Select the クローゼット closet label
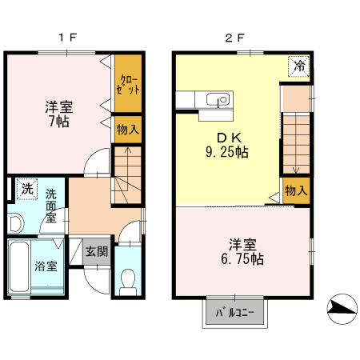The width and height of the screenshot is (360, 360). (x=129, y=83)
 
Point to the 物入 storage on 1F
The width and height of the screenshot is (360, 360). (x=128, y=129)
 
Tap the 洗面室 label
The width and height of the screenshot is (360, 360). (x=50, y=205)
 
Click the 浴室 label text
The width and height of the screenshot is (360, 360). (x=46, y=266)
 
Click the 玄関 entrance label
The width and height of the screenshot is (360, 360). (x=97, y=251)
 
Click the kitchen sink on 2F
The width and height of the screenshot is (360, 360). (x=215, y=100)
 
